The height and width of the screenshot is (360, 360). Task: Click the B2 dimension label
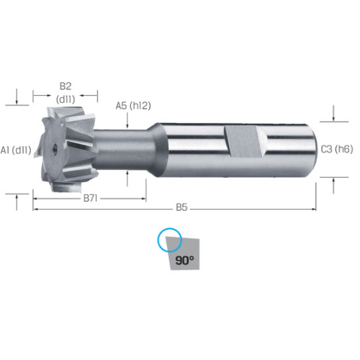(66, 86)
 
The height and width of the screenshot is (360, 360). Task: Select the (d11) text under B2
(66, 99)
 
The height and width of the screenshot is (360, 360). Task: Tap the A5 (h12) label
(133, 106)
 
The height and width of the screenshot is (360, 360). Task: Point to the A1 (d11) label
(16, 150)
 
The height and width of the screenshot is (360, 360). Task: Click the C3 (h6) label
(337, 150)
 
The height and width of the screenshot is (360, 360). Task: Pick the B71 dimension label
(90, 199)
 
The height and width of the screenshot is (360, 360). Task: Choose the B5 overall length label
(181, 207)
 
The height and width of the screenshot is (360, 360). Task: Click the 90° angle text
(184, 260)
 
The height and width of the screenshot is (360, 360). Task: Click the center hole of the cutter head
(54, 148)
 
